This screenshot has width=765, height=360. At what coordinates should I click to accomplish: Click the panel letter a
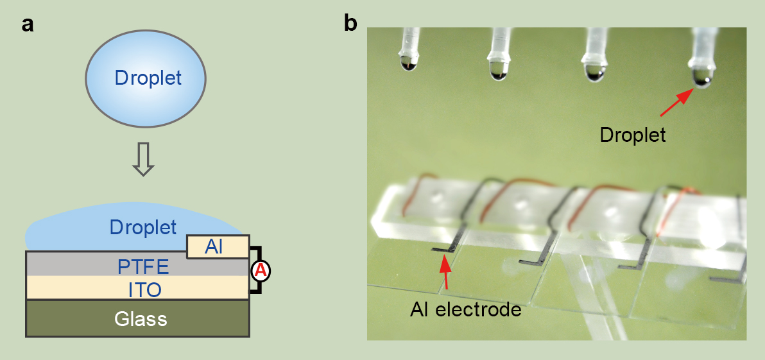click(x=28, y=25)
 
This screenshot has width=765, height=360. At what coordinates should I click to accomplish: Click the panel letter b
click(x=351, y=23)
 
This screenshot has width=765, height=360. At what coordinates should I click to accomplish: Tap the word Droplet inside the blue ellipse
click(x=148, y=78)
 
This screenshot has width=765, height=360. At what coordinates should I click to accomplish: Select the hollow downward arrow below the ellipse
click(x=143, y=159)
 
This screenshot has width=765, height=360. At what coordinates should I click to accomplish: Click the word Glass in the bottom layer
click(x=140, y=318)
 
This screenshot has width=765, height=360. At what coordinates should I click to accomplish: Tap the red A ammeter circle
click(x=261, y=271)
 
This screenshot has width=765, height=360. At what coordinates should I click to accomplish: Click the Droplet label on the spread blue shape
click(x=142, y=227)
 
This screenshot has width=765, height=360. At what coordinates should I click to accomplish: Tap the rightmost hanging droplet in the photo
click(x=701, y=76)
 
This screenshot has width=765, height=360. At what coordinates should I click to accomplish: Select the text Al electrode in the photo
click(x=465, y=310)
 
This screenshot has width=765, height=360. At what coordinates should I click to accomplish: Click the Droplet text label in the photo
click(x=632, y=135)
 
